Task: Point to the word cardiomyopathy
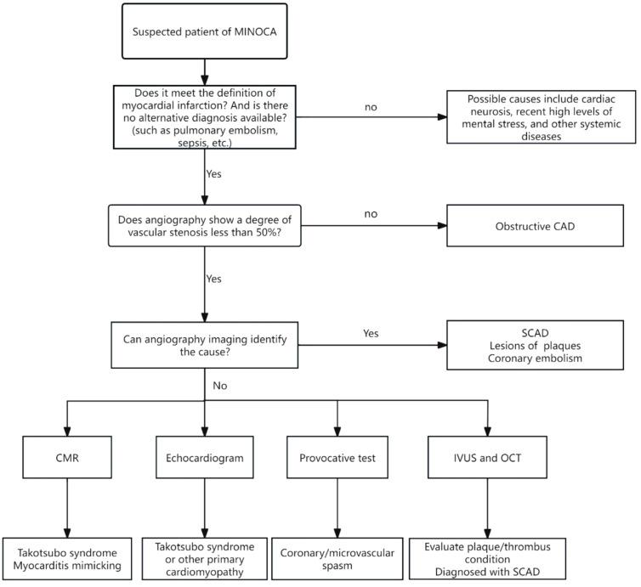pyautogui.click(x=204, y=571)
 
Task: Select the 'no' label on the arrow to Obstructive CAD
pyautogui.click(x=371, y=214)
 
